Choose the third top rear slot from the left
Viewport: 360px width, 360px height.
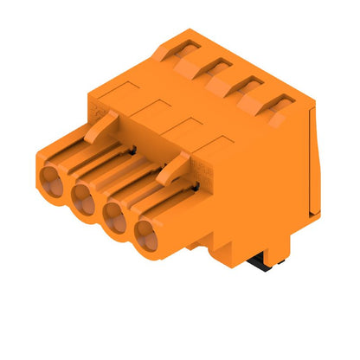point(247,87)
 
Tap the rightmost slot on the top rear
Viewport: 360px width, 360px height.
point(277,106)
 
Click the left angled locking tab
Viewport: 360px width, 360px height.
point(103,130)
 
